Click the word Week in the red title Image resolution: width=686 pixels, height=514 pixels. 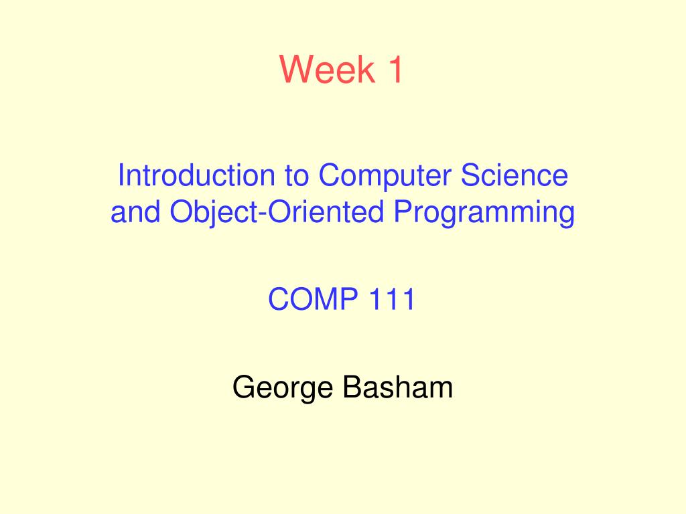(327, 69)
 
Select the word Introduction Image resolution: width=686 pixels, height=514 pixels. (196, 175)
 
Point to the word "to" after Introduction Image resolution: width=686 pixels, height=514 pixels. (297, 176)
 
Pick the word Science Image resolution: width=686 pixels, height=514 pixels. (514, 175)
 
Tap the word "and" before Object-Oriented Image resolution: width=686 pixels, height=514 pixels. (135, 211)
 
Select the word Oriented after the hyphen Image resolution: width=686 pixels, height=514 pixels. (326, 211)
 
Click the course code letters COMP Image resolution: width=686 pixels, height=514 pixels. (313, 299)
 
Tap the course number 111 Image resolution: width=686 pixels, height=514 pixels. (392, 299)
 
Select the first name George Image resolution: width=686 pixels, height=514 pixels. (282, 388)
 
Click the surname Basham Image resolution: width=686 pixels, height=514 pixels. (398, 387)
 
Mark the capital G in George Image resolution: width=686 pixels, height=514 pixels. (244, 387)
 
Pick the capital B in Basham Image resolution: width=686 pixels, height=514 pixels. (353, 387)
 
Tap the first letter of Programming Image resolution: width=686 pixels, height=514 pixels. (404, 211)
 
